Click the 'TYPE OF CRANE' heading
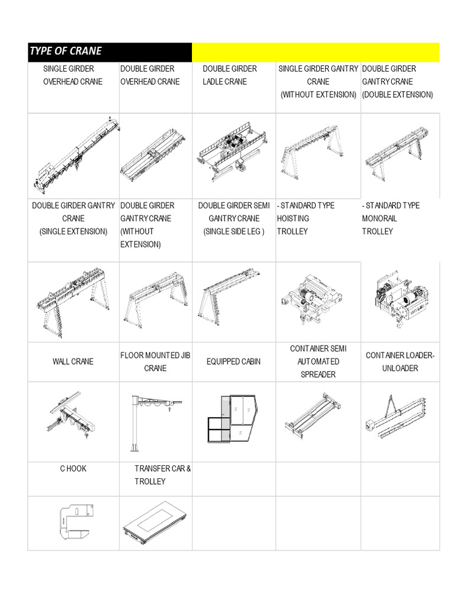pyautogui.click(x=66, y=51)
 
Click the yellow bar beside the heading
pyautogui.click(x=315, y=52)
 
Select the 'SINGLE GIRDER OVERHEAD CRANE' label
pyautogui.click(x=72, y=75)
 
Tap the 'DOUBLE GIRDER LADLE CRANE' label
pyautogui.click(x=229, y=75)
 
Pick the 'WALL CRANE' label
pyautogui.click(x=73, y=362)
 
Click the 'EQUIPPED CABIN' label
pyautogui.click(x=233, y=362)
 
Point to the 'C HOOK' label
pyautogui.click(x=73, y=469)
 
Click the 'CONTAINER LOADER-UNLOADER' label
pyautogui.click(x=400, y=362)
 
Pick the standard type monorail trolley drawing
pyautogui.click(x=400, y=296)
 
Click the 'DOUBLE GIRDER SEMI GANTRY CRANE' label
pyautogui.click(x=233, y=218)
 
